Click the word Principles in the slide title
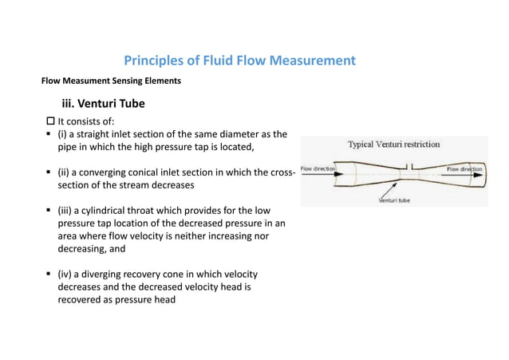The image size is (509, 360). [x=153, y=61]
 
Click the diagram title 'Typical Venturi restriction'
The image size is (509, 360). [x=393, y=145]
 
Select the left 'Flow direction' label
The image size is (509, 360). [x=318, y=169]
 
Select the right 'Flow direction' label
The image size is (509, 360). [x=464, y=169]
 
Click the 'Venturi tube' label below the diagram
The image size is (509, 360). [x=394, y=200]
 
